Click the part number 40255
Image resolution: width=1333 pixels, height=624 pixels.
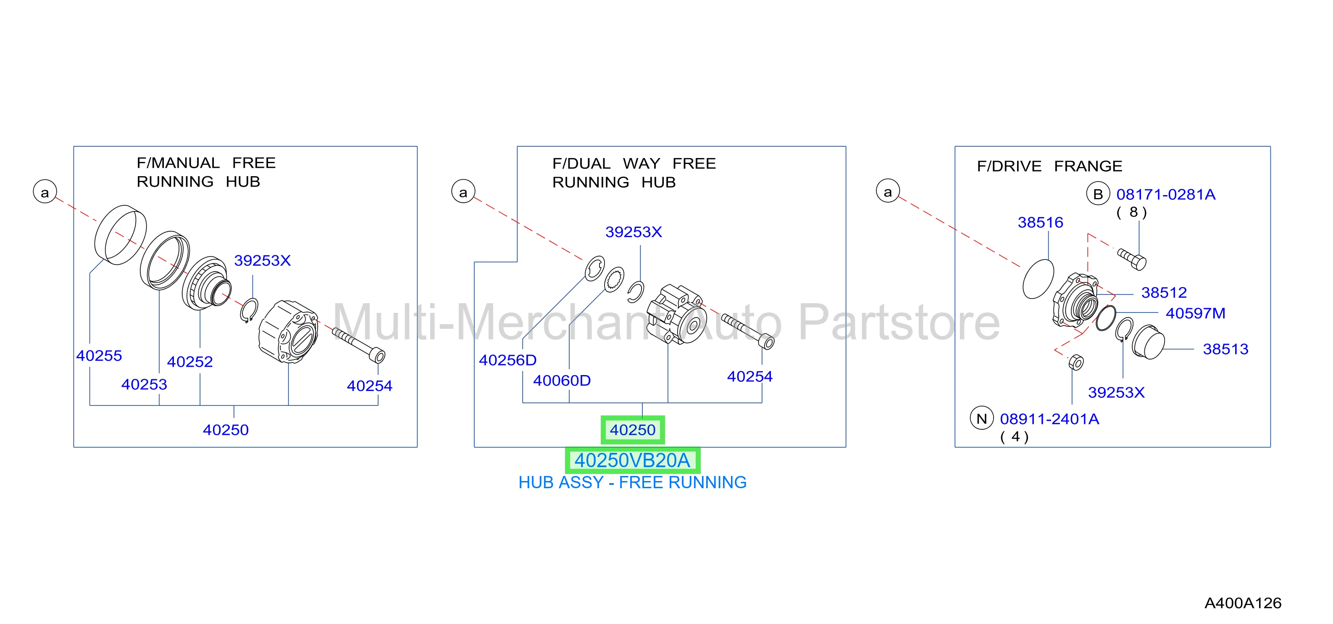click(x=99, y=356)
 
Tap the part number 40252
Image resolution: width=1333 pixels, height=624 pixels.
click(x=190, y=362)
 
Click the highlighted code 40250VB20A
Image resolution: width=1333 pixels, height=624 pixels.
click(x=632, y=460)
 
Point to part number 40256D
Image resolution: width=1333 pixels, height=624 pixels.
click(x=507, y=360)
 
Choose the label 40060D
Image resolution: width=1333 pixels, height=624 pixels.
click(x=562, y=381)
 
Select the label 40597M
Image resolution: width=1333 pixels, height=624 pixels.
click(x=1195, y=313)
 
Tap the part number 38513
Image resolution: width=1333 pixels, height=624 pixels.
click(x=1225, y=349)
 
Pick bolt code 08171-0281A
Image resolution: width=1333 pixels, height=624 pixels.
click(x=1166, y=194)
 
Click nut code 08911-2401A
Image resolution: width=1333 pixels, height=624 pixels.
click(x=1049, y=419)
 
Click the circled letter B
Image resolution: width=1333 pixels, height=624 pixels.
click(x=1098, y=194)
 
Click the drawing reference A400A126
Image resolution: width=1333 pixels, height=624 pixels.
click(x=1243, y=603)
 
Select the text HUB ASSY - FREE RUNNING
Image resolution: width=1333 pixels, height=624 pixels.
click(x=632, y=482)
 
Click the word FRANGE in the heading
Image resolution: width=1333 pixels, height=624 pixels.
click(x=1088, y=166)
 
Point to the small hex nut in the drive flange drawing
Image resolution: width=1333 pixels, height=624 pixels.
click(x=1076, y=362)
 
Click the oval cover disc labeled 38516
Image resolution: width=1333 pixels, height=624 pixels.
click(x=1038, y=279)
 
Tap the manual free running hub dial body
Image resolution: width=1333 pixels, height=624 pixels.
click(x=288, y=331)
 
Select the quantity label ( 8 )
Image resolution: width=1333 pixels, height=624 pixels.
click(x=1132, y=212)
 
